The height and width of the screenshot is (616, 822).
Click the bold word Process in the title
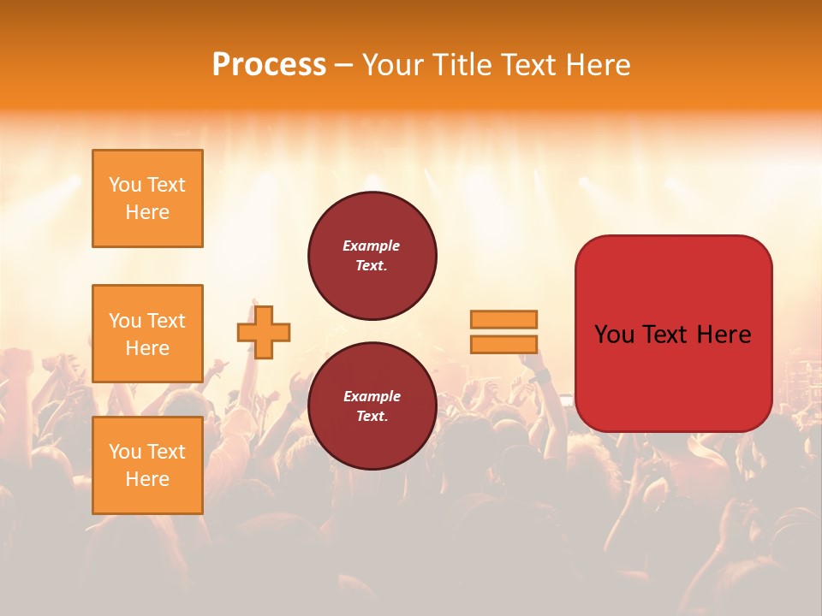269,65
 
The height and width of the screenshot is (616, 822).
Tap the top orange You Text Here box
147,198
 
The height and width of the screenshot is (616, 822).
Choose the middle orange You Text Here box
147,334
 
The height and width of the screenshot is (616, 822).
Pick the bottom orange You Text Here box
147,465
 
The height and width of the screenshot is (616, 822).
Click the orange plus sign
264,332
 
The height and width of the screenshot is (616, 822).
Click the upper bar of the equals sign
503,320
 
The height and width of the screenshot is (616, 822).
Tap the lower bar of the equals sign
503,344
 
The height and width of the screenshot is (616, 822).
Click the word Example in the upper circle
372,246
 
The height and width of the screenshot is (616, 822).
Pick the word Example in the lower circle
372,396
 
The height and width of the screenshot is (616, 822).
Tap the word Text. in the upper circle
372,266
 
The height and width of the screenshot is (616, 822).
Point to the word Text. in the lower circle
372,417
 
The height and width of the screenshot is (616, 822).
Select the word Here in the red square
724,335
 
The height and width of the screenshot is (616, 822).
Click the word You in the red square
613,335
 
